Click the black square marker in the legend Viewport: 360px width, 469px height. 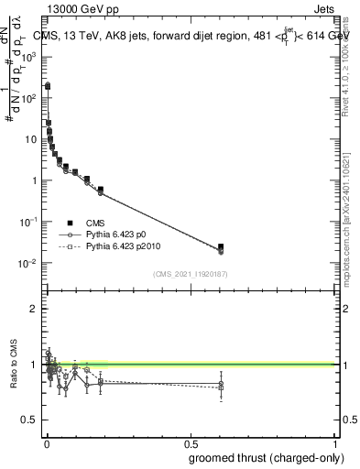pos(70,223)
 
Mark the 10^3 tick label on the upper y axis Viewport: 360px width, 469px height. pos(28,56)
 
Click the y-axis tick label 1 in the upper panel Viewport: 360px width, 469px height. pos(34,180)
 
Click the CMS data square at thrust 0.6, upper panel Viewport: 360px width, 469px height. pos(220,246)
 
